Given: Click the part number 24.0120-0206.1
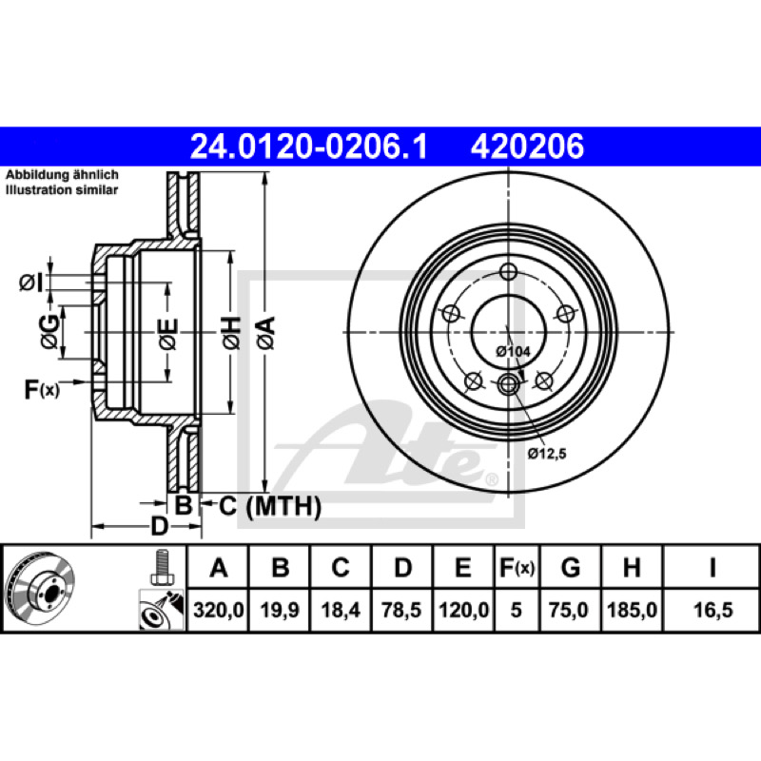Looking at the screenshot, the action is [x=309, y=146].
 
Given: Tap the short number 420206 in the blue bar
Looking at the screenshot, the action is [x=527, y=146].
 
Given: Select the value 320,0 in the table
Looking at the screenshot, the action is [x=219, y=610].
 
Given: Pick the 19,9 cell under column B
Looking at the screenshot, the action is [x=280, y=610].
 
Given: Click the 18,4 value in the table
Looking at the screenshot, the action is [x=341, y=610].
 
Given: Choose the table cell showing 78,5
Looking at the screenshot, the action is [x=401, y=610].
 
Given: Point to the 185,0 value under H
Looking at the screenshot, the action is [x=633, y=610].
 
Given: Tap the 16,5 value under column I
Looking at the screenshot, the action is [x=712, y=610].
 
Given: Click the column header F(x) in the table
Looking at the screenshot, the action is [x=517, y=567].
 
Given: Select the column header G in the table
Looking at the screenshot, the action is [x=571, y=567].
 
